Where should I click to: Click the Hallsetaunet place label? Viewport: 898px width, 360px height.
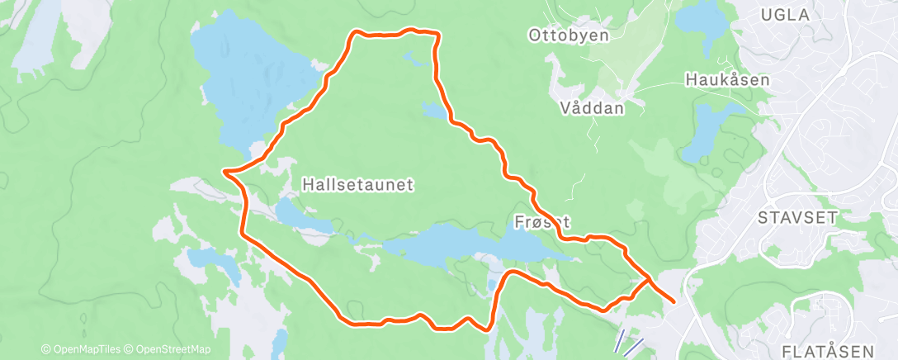[357, 183]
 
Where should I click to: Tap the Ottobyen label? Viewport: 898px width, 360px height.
[569, 36]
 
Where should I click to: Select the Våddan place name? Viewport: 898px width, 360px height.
[590, 107]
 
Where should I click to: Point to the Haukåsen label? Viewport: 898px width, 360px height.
[727, 80]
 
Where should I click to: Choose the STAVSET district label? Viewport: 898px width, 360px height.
[797, 217]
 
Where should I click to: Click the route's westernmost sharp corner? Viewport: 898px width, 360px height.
[225, 171]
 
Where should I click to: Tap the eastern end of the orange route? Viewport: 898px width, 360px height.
[674, 301]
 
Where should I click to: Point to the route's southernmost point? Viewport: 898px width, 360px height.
[487, 329]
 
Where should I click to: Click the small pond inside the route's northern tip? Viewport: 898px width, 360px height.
[409, 57]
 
